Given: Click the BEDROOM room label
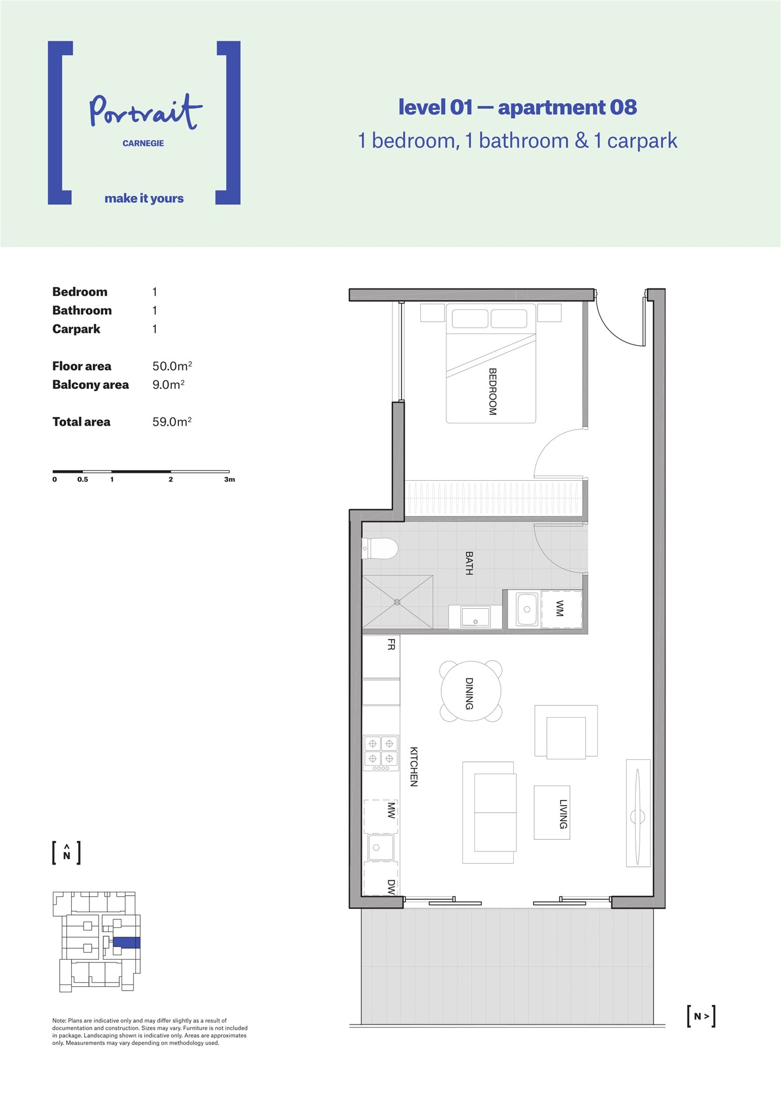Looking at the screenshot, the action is point(493,392).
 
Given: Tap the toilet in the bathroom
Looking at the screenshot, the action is point(381,549).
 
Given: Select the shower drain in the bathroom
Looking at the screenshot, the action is point(397,602).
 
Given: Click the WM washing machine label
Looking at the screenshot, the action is point(560,608).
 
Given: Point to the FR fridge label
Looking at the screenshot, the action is point(391,644).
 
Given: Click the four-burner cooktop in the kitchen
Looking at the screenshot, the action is point(381,753).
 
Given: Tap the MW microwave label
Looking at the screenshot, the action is point(391,811).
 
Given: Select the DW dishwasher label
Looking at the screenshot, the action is point(391,887).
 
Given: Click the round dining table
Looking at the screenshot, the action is point(471,691).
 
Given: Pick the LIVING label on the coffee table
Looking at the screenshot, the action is point(563,814).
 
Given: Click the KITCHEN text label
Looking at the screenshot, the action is point(414,766).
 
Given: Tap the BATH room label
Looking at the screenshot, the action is point(469,563).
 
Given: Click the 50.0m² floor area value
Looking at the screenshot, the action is point(172,366).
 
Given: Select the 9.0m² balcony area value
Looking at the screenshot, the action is point(168,385).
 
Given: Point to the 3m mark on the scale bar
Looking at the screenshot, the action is point(230,479).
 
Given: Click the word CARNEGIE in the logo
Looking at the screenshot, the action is point(143,143).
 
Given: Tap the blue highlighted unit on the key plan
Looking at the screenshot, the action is point(126,943).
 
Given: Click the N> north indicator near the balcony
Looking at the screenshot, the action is point(701,1016).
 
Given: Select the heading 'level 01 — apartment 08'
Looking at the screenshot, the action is point(518,107).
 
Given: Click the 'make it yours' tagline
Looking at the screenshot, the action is point(144,198).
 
